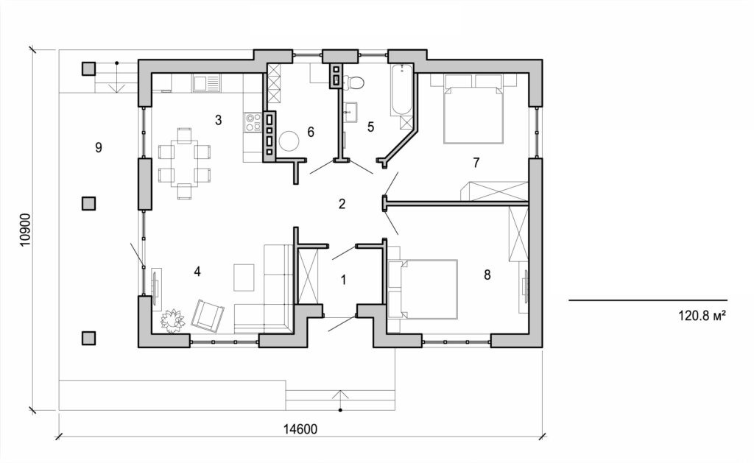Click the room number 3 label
(218, 120)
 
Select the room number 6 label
(311, 132)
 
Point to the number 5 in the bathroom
(370, 127)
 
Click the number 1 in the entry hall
(342, 279)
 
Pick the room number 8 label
(487, 275)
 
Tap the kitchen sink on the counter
(206, 83)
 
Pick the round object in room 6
(289, 140)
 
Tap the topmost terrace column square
(88, 68)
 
